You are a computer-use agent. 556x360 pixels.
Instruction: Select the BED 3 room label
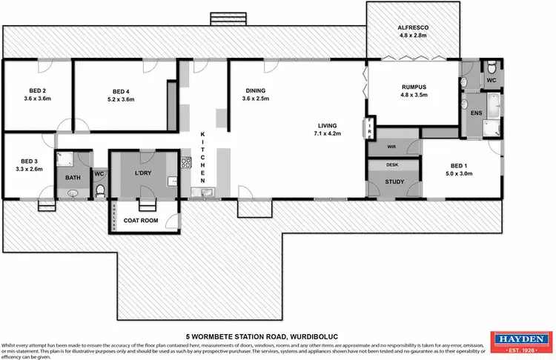click(x=29, y=161)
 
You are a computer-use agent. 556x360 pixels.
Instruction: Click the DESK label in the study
click(x=392, y=164)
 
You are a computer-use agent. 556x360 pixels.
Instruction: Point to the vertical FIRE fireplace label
click(x=368, y=127)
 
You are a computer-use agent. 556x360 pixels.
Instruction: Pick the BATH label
click(x=72, y=178)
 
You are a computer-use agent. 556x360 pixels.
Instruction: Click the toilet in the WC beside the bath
click(x=99, y=191)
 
